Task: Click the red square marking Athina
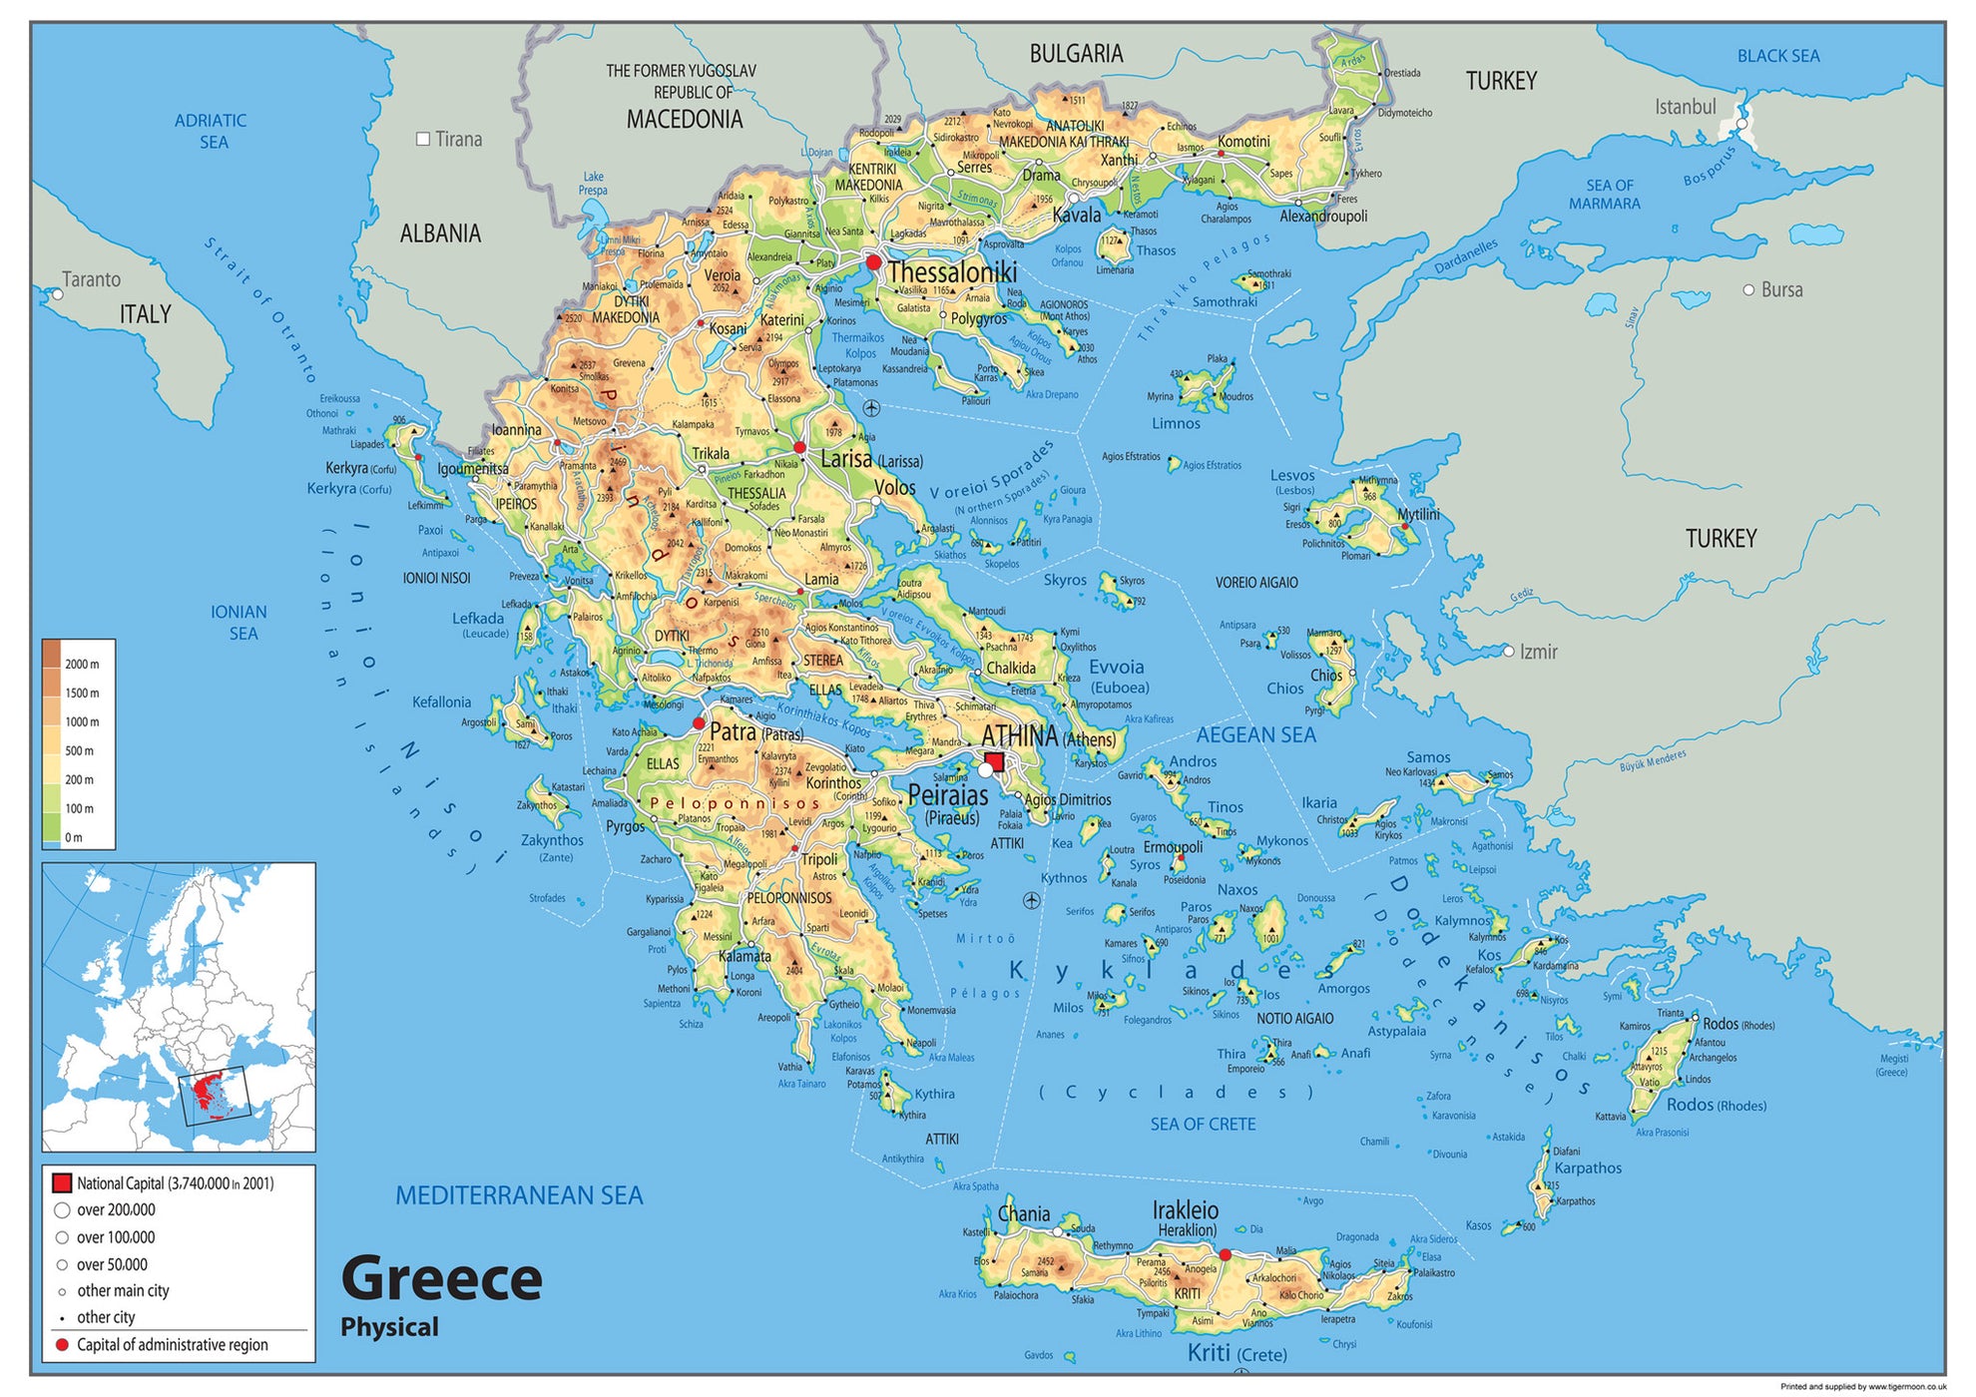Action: [x=995, y=761]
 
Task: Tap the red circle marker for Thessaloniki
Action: [x=873, y=262]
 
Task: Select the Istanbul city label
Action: [x=1686, y=107]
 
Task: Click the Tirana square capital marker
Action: [x=423, y=139]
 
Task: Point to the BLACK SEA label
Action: [x=1777, y=56]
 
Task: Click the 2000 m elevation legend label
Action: [x=82, y=665]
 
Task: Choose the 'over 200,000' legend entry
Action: [x=116, y=1210]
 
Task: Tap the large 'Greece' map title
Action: [x=441, y=1279]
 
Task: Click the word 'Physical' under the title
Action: [x=389, y=1327]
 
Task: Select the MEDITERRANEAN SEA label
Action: [x=519, y=1195]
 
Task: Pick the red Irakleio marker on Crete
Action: [x=1225, y=1254]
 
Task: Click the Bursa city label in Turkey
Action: [x=1781, y=290]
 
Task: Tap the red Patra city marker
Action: [x=699, y=723]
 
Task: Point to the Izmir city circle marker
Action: [x=1508, y=651]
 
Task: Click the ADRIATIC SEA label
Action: [x=211, y=131]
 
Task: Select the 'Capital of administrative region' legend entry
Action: [x=172, y=1345]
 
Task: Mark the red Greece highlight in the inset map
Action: [x=210, y=1093]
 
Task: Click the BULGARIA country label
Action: [x=1076, y=54]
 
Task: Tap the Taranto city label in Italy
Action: [x=91, y=279]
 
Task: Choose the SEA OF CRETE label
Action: [x=1203, y=1125]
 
